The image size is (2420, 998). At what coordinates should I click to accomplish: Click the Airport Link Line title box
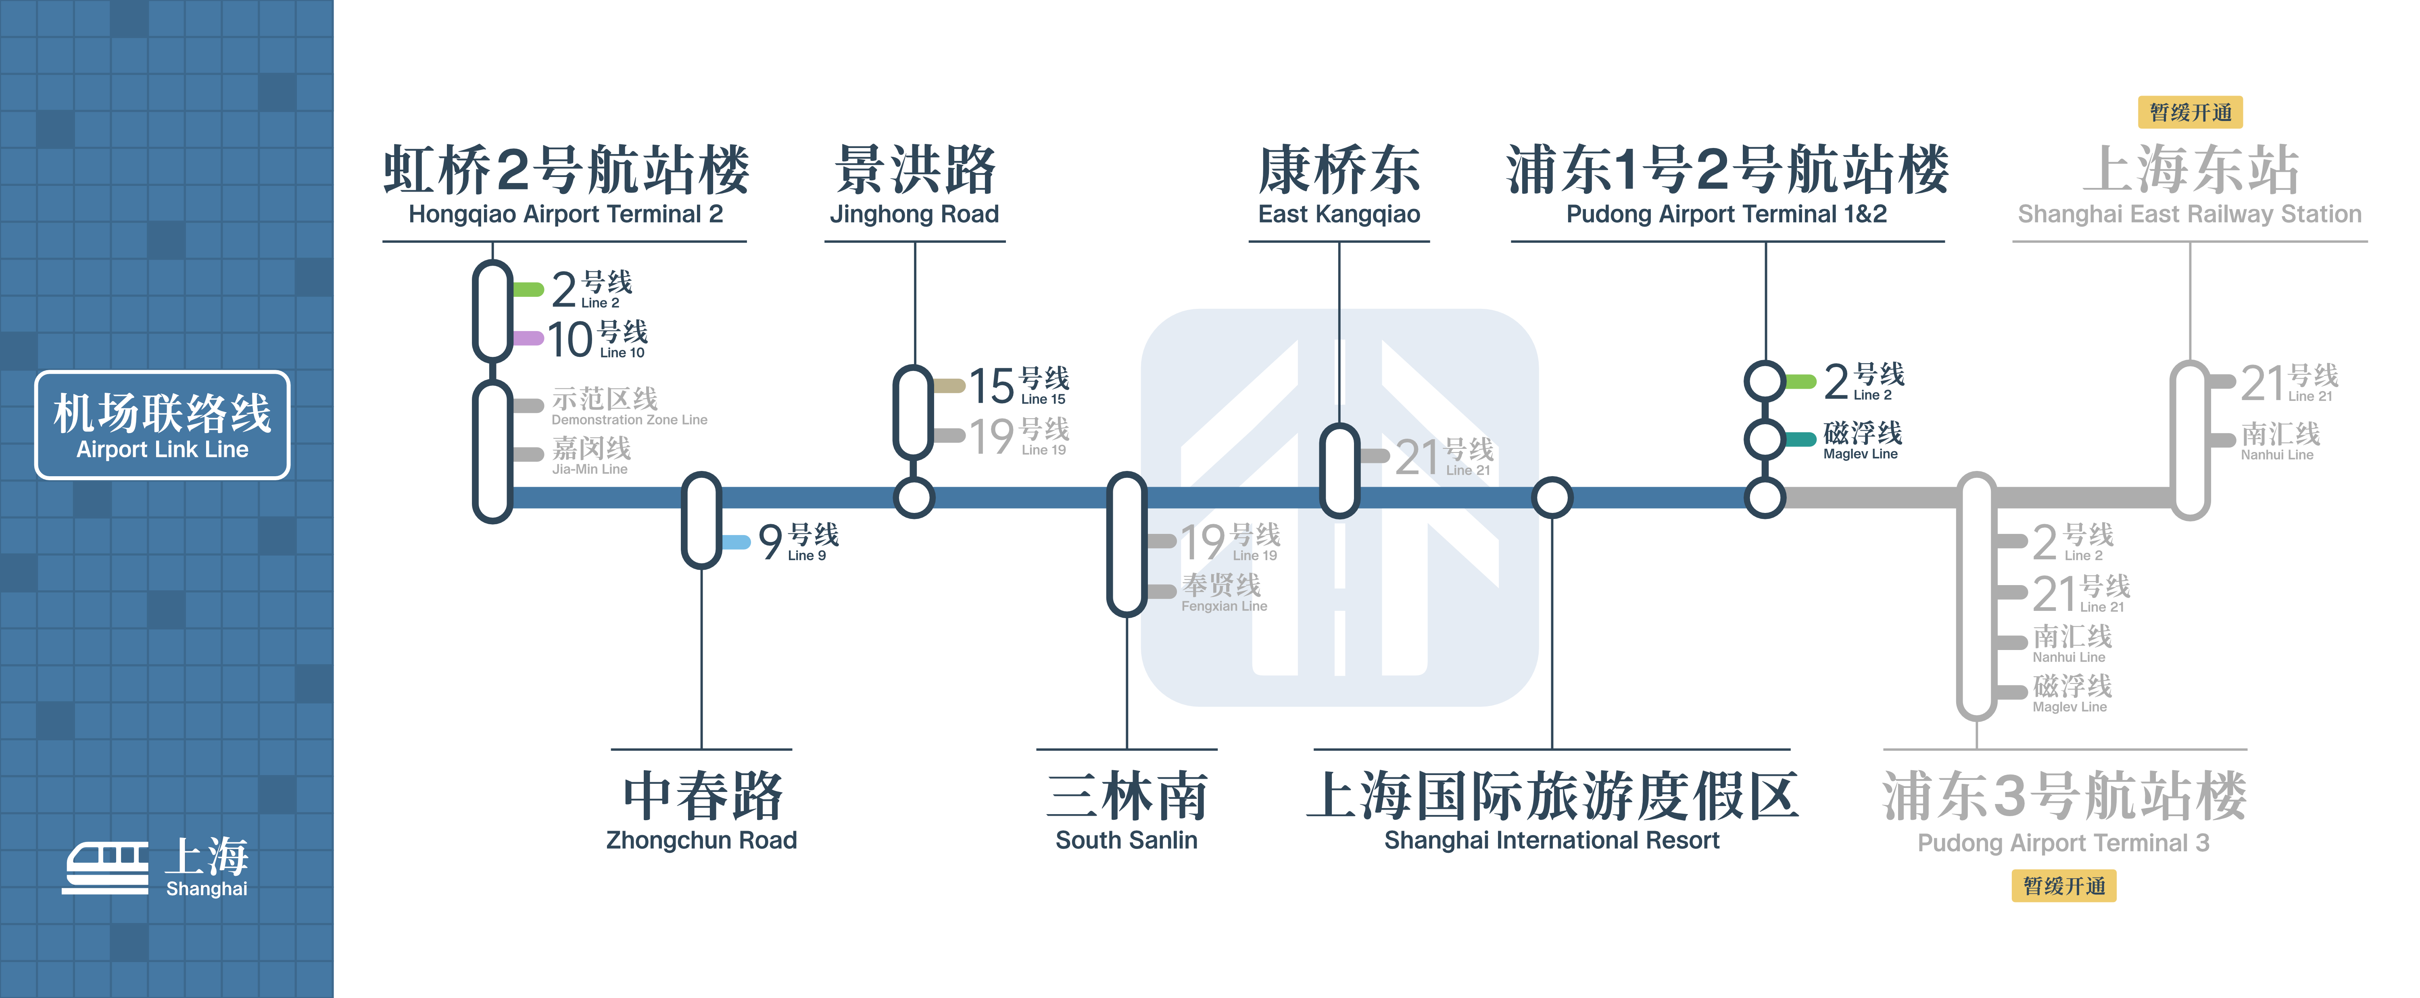click(163, 425)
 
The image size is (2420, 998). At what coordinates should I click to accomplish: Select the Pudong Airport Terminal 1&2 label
click(1727, 185)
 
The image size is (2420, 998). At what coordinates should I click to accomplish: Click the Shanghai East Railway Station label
click(2190, 185)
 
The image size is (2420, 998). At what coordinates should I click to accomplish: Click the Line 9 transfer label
click(799, 542)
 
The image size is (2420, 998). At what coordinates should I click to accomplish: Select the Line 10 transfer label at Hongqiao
click(597, 339)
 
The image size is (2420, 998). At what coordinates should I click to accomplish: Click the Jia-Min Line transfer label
click(591, 455)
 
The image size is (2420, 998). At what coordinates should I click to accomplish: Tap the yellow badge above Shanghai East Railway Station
click(2190, 113)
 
